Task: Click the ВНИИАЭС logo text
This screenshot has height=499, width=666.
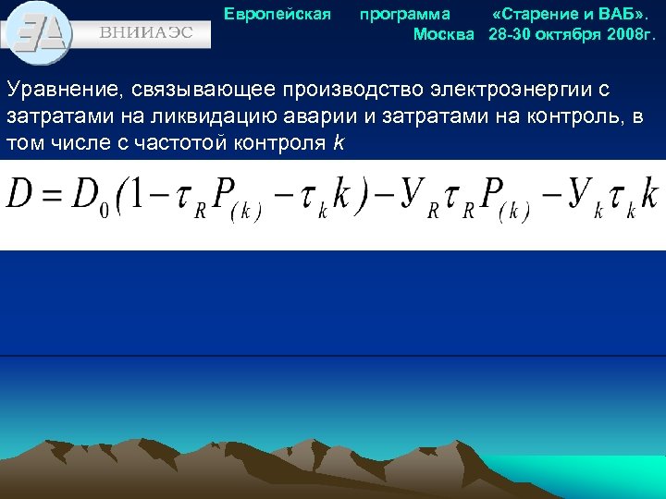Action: point(146,30)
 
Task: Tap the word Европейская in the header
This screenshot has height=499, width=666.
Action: point(277,14)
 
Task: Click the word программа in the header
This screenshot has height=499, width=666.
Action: point(405,14)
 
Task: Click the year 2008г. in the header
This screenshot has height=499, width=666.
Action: point(632,34)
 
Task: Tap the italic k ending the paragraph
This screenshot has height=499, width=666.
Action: point(339,143)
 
